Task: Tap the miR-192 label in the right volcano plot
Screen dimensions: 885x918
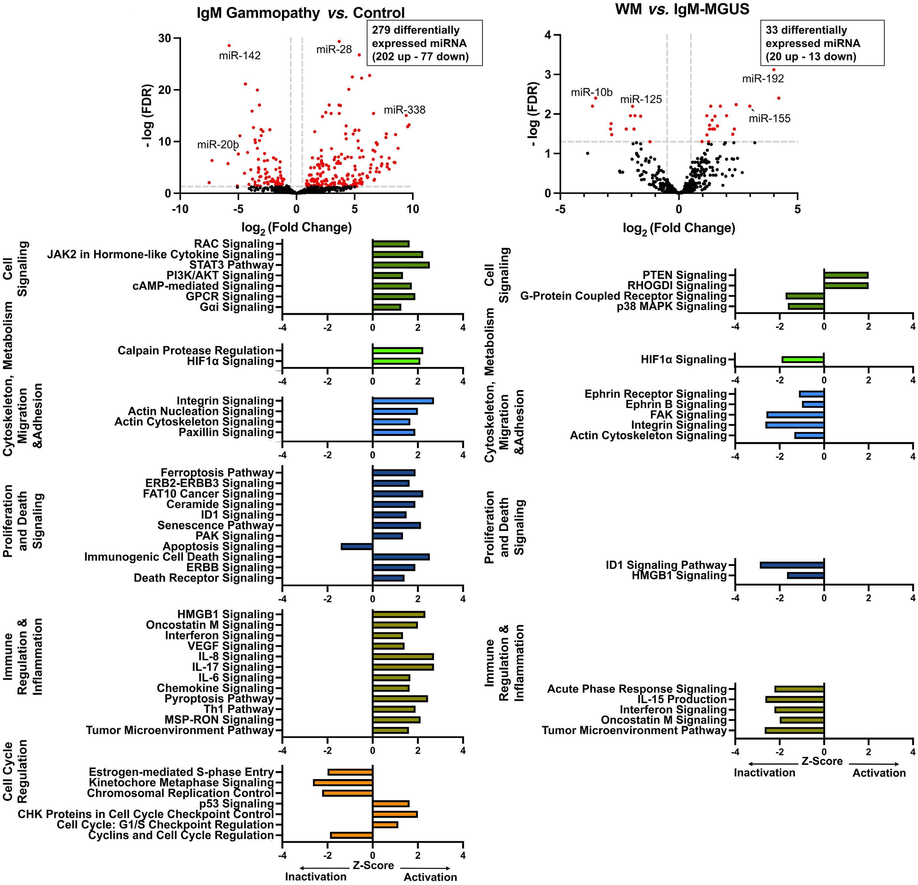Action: click(x=763, y=79)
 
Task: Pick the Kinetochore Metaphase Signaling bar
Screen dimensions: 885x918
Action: click(x=343, y=782)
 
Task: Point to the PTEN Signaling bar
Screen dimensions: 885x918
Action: click(x=846, y=275)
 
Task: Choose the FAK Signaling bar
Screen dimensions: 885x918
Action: click(x=795, y=415)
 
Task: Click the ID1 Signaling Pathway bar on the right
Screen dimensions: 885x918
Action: click(x=792, y=565)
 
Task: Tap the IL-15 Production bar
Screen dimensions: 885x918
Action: click(x=795, y=699)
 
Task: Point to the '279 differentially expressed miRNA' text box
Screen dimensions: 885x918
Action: click(x=424, y=43)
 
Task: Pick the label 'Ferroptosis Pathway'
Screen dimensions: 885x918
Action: click(x=217, y=473)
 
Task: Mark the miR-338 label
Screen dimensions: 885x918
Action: click(x=405, y=110)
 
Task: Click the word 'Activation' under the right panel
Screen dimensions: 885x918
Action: click(x=879, y=773)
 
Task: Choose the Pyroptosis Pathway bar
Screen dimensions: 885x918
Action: click(x=400, y=698)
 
